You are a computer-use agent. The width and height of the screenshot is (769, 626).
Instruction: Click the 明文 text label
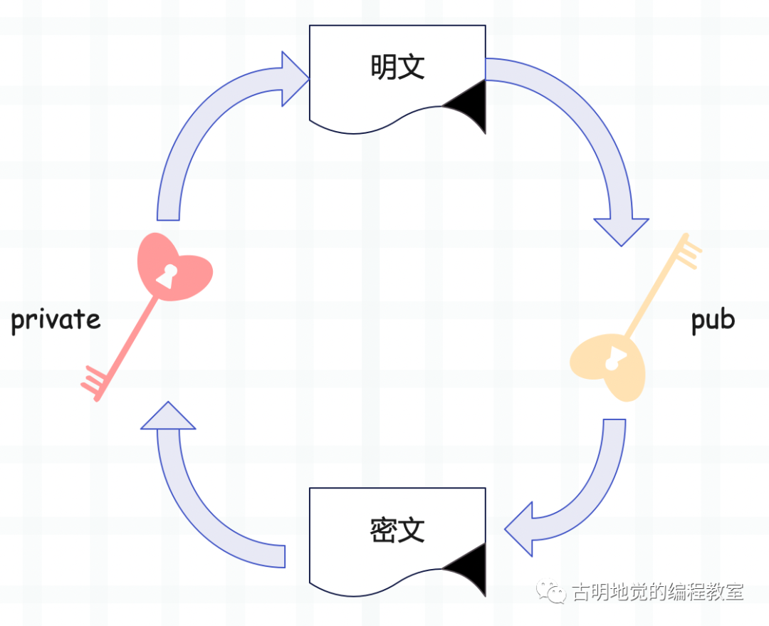click(397, 68)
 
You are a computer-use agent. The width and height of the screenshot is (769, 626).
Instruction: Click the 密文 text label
click(397, 530)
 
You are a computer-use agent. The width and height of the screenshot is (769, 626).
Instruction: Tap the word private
click(56, 320)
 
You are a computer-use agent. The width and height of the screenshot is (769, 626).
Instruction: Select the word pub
click(713, 320)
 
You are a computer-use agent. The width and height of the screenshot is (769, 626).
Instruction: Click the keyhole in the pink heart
click(169, 276)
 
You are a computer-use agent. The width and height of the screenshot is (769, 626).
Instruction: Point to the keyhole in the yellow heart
click(612, 359)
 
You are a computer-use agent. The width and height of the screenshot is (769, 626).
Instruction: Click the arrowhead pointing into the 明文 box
click(294, 78)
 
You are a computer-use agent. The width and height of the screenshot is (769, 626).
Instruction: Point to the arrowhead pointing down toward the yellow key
click(622, 231)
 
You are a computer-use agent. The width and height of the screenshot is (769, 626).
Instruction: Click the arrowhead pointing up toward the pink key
click(168, 417)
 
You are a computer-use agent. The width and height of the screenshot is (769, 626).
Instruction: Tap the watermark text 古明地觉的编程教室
click(658, 592)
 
